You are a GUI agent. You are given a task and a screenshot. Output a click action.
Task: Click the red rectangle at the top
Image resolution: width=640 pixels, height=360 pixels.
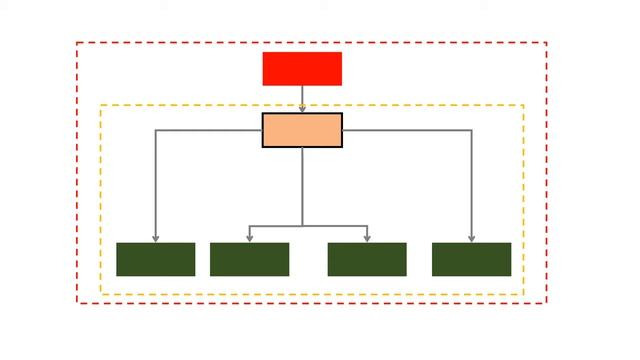302,69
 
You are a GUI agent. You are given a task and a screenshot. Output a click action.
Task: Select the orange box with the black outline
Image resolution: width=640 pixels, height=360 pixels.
302,130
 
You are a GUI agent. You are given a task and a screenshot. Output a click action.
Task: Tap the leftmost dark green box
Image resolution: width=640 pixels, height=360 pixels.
155,259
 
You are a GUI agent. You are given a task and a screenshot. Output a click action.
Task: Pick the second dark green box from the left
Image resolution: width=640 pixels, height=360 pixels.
249,259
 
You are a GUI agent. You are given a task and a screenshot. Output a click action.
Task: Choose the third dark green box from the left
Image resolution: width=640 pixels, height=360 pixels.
367,259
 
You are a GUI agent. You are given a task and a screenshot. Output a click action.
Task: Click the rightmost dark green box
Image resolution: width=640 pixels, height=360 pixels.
471,259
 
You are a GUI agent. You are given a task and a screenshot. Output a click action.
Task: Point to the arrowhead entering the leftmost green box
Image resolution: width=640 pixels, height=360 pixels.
155,238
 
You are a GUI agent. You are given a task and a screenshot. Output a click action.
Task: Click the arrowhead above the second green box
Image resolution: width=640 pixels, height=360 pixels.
249,238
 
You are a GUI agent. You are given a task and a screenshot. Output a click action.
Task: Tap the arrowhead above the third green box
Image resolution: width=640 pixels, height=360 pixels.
367,238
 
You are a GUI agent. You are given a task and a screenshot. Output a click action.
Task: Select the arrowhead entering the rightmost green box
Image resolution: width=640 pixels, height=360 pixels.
471,238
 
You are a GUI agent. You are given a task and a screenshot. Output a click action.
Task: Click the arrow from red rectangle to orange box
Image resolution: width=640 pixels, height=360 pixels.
302,98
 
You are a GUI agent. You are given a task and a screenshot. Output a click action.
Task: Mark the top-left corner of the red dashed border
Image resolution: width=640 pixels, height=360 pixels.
77,42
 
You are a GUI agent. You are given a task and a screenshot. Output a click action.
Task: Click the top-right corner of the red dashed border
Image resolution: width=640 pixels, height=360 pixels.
547,42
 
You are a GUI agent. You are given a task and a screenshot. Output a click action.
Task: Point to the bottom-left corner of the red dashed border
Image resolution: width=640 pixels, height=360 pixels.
77,302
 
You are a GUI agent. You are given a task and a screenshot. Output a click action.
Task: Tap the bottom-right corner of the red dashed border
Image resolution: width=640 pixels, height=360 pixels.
547,302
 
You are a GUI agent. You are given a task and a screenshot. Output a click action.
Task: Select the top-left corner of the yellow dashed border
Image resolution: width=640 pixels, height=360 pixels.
100,105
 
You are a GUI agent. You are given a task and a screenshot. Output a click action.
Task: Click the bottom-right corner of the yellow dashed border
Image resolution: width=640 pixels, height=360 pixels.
524,294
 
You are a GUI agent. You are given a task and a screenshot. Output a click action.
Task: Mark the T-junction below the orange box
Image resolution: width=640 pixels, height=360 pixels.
302,226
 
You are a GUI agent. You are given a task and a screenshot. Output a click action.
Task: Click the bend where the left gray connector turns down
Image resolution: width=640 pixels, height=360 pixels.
155,130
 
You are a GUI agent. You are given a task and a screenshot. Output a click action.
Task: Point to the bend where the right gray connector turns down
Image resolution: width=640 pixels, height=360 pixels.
471,130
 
